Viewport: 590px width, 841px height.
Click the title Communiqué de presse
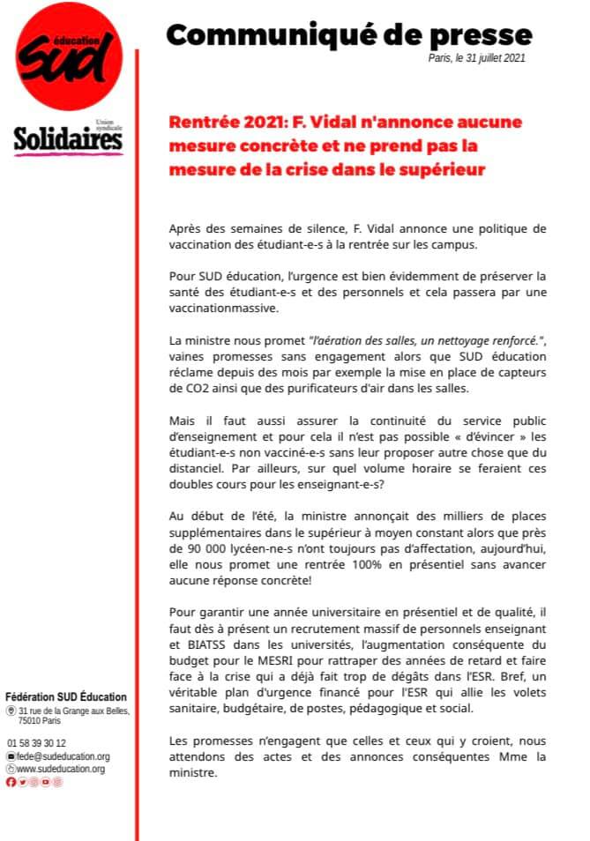pyautogui.click(x=349, y=34)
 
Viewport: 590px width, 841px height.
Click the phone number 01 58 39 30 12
pyautogui.click(x=36, y=743)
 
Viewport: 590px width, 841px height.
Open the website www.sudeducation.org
pyautogui.click(x=61, y=769)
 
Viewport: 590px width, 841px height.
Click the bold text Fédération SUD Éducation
pyautogui.click(x=66, y=697)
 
